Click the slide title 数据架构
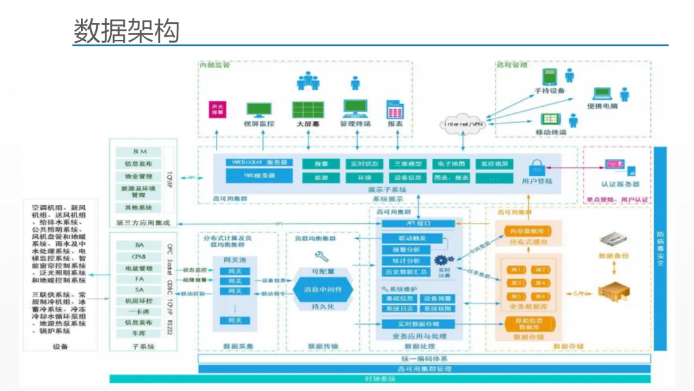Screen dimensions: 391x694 pyautogui.click(x=126, y=30)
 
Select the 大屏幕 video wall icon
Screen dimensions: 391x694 pyautogui.click(x=308, y=109)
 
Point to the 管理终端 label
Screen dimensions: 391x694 pyautogui.click(x=355, y=123)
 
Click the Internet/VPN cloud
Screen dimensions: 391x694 pyautogui.click(x=463, y=123)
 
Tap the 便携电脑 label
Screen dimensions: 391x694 pyautogui.click(x=602, y=106)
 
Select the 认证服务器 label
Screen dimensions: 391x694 pyautogui.click(x=620, y=184)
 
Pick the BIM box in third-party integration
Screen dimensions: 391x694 pyautogui.click(x=139, y=152)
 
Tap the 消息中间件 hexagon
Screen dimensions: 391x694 pyautogui.click(x=323, y=290)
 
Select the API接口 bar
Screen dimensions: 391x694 pyautogui.click(x=419, y=223)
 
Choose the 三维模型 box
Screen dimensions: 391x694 pyautogui.click(x=409, y=164)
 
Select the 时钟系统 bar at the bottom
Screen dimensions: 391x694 pyautogui.click(x=379, y=379)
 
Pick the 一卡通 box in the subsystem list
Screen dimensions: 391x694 pyautogui.click(x=139, y=311)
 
